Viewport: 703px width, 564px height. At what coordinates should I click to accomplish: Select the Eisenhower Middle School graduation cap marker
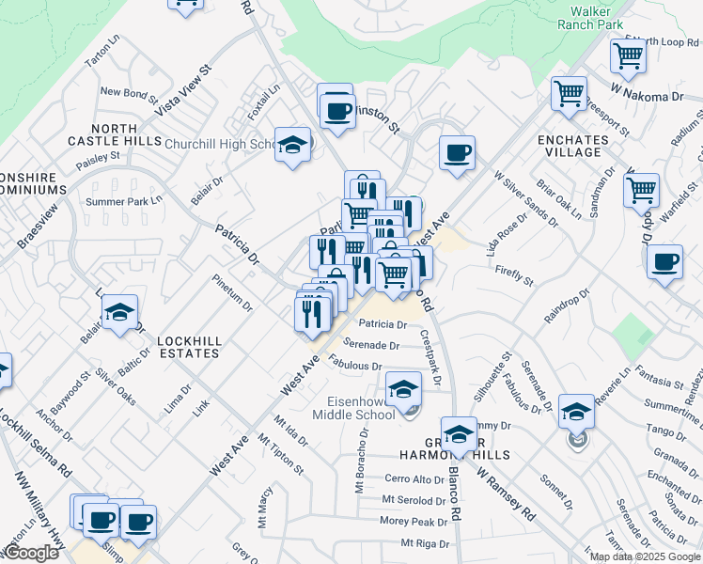[403, 388]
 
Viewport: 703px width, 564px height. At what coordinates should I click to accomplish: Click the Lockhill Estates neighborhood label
[188, 347]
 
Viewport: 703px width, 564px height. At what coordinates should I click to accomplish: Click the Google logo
[31, 553]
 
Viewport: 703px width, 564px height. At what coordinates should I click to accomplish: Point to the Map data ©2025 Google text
[644, 556]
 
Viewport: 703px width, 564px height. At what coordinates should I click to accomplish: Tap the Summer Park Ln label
[124, 201]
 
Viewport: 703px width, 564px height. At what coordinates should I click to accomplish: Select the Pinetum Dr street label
[231, 293]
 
